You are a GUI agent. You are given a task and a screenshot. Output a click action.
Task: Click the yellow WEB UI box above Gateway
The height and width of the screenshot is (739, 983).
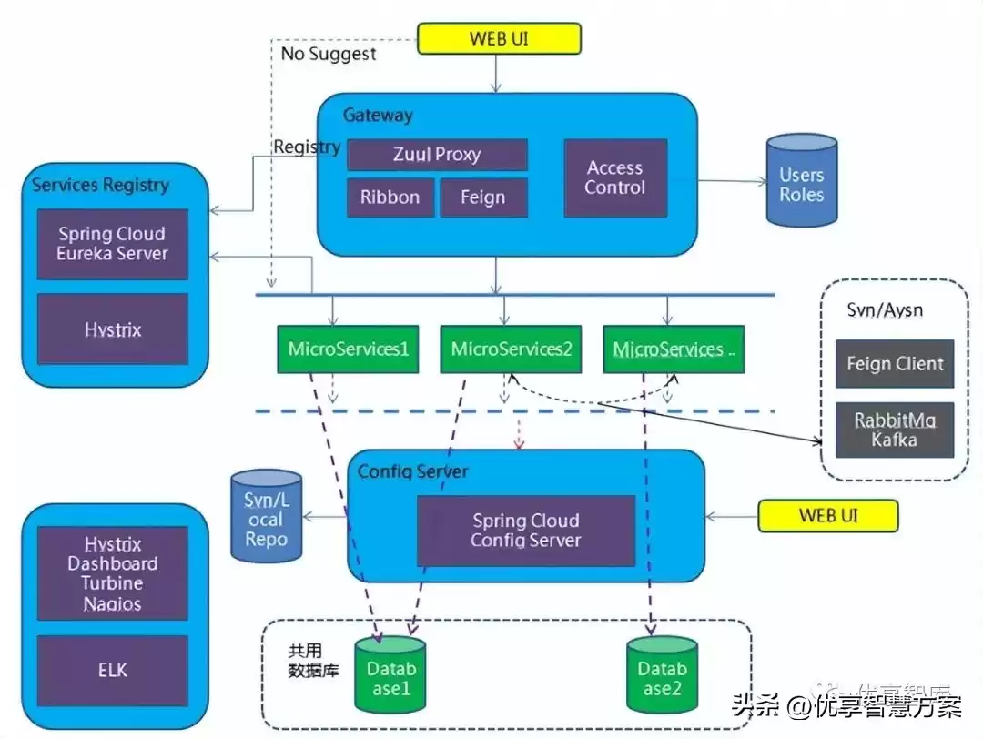pos(498,38)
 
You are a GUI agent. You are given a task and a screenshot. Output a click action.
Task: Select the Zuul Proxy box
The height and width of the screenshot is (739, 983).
pos(437,155)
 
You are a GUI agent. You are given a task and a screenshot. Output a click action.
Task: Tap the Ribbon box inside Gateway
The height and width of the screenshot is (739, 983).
pos(390,197)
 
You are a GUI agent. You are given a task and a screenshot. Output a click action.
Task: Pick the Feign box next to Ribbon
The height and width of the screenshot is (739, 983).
pos(483,197)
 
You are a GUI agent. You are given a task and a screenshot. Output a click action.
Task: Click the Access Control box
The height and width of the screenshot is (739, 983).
pos(615,178)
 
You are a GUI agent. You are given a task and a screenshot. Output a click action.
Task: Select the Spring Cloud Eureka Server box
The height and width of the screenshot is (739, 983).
pos(112,244)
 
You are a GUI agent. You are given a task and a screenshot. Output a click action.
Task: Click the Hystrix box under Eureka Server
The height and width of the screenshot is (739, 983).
pos(112,329)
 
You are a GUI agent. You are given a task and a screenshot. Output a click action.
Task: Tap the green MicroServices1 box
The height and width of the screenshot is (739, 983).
pos(348,349)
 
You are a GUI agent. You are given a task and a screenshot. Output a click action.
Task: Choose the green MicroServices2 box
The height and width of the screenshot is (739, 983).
pos(511,349)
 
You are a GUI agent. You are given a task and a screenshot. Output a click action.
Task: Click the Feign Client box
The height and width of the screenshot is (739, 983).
pos(895,364)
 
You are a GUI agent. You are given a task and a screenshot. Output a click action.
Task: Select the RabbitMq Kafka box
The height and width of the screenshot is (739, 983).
pos(895,430)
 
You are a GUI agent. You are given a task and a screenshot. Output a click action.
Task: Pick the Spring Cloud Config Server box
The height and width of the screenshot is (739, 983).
pos(525,531)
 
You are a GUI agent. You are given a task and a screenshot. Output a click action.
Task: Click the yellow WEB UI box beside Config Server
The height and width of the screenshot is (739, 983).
pos(827,516)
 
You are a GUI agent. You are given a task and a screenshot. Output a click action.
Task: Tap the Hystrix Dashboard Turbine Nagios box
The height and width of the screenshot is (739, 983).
pos(112,573)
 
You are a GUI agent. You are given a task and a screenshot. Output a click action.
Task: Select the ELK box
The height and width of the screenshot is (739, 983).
pos(112,671)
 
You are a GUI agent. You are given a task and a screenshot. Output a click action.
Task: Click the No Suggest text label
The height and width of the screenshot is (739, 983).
pos(328,54)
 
